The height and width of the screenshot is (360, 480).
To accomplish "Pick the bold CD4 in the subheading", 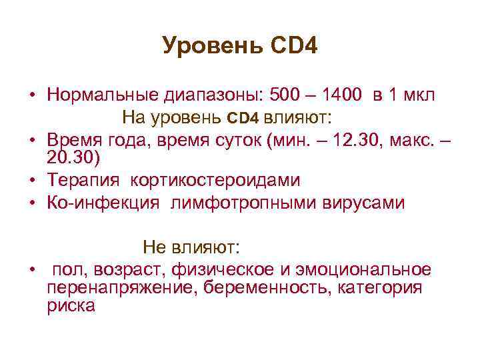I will coord(243,119).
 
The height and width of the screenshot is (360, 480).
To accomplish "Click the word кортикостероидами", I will coord(215,180).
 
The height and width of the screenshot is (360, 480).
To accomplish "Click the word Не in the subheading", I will coord(152,247).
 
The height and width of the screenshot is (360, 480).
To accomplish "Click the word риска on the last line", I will coord(71,306).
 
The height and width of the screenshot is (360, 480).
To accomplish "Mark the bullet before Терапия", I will coord(31,181).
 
